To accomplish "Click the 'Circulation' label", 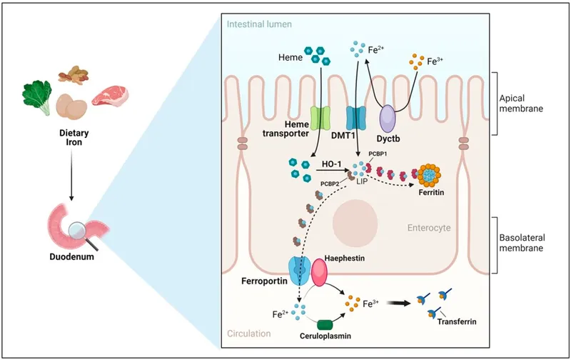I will pos(250,334).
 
